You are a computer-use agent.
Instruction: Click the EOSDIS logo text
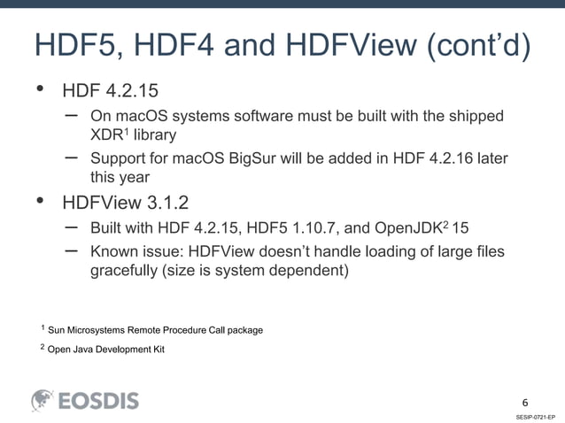pyautogui.click(x=98, y=401)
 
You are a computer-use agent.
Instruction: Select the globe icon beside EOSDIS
pyautogui.click(x=43, y=400)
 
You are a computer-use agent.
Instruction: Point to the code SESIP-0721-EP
pyautogui.click(x=535, y=415)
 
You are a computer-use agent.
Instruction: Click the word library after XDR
pyautogui.click(x=154, y=136)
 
